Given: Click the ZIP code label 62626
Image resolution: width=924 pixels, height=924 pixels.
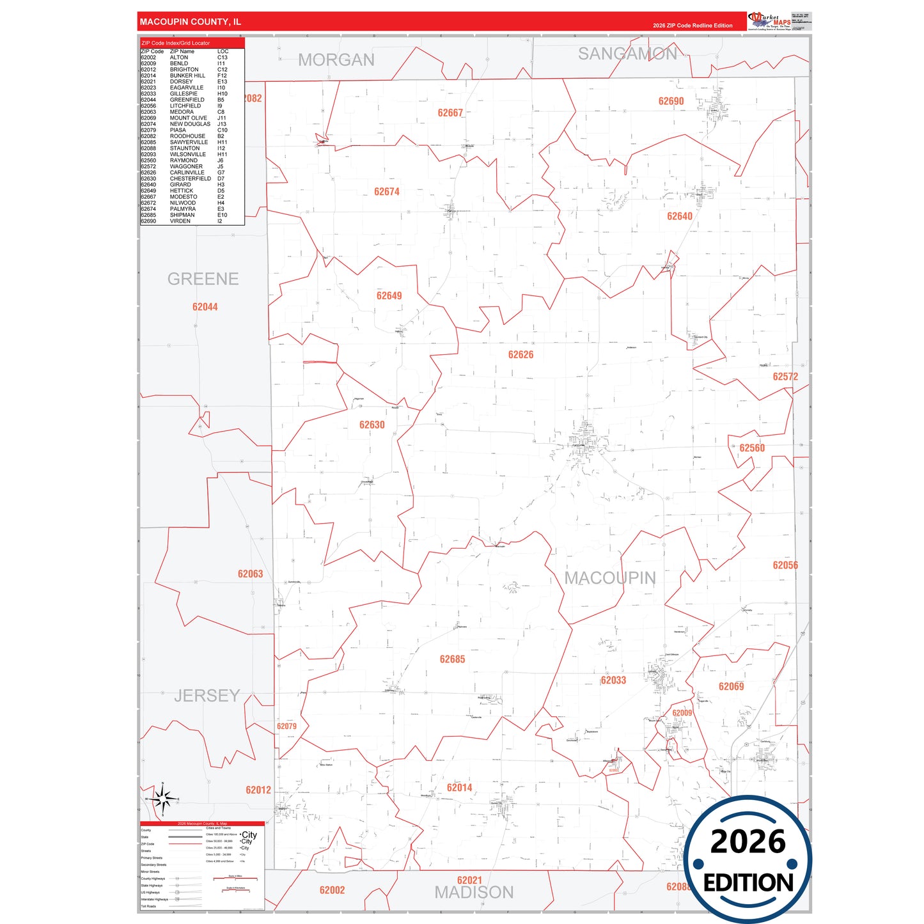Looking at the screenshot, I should coord(521,355).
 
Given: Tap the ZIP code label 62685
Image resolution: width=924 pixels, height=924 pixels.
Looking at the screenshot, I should coord(452,659).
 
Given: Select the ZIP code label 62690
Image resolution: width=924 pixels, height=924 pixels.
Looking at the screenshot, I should coord(671,101).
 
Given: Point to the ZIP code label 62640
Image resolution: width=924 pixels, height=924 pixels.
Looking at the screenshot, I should coord(679,216).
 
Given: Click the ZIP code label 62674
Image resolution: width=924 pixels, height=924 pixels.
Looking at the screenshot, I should coord(387,192).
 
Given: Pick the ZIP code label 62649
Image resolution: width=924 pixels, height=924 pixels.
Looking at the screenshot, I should coord(389,295).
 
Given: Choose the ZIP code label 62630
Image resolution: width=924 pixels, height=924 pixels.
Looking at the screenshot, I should coord(372,425).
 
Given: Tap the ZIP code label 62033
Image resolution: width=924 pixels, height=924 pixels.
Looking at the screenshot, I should coord(613,680).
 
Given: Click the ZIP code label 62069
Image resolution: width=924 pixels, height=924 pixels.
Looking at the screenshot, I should coord(731,687).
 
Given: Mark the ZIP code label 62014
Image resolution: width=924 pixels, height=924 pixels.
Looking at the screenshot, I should coord(459,788).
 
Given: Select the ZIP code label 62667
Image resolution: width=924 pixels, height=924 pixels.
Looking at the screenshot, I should coord(450,113).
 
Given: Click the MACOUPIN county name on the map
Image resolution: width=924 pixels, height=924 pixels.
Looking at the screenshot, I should coord(609,578).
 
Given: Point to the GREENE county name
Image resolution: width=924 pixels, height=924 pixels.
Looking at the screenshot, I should coord(203,279).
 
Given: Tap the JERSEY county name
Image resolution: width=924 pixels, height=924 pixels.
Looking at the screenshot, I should coord(207,696).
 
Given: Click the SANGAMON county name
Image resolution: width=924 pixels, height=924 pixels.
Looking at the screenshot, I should coord(627,54).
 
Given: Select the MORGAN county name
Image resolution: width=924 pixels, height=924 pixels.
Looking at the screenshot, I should coord(336,60).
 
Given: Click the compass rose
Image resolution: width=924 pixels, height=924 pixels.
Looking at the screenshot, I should coord(162,799).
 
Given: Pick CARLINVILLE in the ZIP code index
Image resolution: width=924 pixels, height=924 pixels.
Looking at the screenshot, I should coord(187,173).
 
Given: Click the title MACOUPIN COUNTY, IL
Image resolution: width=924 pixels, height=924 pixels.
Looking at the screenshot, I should coord(191,22).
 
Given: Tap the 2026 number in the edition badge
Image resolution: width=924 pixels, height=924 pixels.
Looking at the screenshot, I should coord(748,842).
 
